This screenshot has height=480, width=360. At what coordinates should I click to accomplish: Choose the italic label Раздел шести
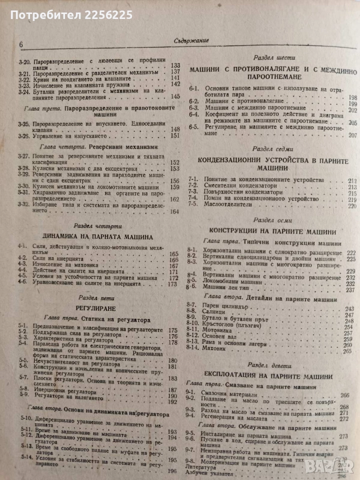point(269,57)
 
